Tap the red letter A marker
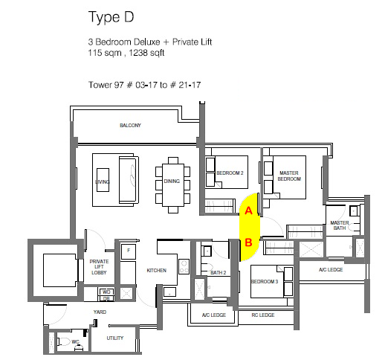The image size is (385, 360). [x=247, y=211]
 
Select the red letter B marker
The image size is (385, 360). [x=248, y=242]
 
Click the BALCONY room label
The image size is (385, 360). [x=130, y=125]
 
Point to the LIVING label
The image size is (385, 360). [x=102, y=182]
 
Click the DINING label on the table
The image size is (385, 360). [x=172, y=182]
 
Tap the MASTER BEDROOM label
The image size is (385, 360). [x=288, y=176]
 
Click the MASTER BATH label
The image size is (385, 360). [x=340, y=226]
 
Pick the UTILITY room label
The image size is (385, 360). [x=115, y=338]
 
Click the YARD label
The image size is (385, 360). [x=98, y=311]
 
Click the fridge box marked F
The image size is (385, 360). [x=128, y=251]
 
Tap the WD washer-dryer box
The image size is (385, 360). [x=106, y=292]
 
